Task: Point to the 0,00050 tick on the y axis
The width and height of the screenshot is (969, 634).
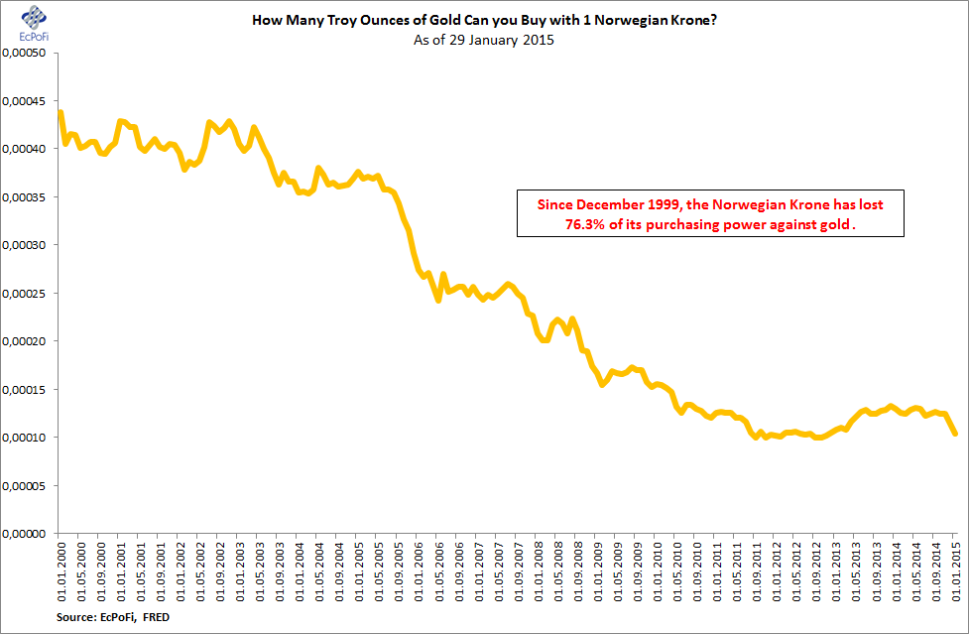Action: coord(27,53)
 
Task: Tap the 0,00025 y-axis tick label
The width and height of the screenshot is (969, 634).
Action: coord(27,293)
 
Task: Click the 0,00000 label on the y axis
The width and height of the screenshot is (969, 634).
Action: coord(27,533)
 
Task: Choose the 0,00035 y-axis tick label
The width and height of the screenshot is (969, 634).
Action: coord(27,196)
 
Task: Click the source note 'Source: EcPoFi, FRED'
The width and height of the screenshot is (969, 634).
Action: coord(99,617)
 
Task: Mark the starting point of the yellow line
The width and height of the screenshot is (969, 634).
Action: coord(61,112)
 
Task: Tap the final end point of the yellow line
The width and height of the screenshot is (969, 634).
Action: coord(955,434)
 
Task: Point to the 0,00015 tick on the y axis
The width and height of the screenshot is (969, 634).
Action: coord(27,389)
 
